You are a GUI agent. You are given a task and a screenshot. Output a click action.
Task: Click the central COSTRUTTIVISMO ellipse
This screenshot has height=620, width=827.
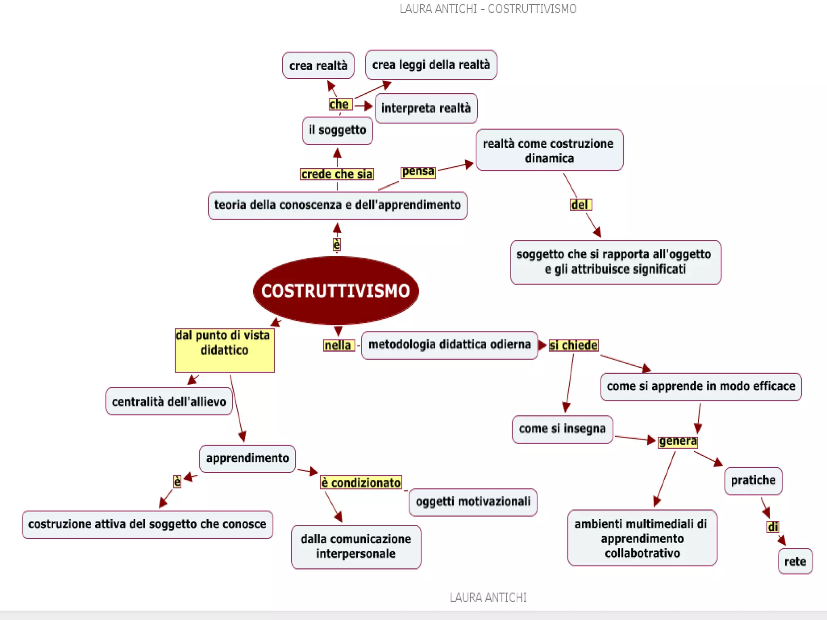point(336,291)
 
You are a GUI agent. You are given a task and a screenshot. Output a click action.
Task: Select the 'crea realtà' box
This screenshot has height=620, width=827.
point(318,65)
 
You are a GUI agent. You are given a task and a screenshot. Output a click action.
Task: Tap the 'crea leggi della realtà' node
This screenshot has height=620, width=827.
point(431,65)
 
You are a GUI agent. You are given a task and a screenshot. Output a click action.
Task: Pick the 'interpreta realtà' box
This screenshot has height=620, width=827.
point(426,108)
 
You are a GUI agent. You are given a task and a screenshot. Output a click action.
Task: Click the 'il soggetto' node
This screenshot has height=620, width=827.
point(338,130)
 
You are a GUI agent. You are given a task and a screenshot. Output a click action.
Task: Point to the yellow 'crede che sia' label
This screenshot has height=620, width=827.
point(337,174)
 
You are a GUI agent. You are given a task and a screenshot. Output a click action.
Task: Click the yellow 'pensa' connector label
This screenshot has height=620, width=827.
point(418,172)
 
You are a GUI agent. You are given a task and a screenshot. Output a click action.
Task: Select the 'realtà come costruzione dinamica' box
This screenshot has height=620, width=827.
point(549,150)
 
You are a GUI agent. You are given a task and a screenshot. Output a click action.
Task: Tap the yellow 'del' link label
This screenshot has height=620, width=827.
point(580,205)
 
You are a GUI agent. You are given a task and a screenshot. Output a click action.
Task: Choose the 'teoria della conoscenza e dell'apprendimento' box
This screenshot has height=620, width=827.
point(338,205)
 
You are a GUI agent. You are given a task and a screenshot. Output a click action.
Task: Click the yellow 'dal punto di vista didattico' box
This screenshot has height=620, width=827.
point(225,350)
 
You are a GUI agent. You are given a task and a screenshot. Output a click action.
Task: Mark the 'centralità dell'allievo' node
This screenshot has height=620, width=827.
point(169,402)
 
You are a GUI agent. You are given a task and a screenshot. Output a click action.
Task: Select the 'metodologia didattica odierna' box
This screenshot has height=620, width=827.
point(449,345)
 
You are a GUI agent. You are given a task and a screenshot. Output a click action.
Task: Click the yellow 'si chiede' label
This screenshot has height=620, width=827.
point(573,346)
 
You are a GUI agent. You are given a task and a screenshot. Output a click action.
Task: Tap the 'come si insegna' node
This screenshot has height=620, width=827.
point(562,429)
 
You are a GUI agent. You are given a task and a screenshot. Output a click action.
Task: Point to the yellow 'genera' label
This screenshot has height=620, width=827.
point(678,441)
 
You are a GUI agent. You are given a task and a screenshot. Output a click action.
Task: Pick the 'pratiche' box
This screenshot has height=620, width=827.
point(753,481)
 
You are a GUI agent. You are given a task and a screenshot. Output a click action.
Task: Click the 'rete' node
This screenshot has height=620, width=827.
point(795,561)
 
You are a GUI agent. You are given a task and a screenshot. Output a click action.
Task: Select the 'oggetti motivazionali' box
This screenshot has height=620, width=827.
point(473,502)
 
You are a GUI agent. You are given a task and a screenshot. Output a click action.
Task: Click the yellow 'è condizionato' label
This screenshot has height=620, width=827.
point(361,483)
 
